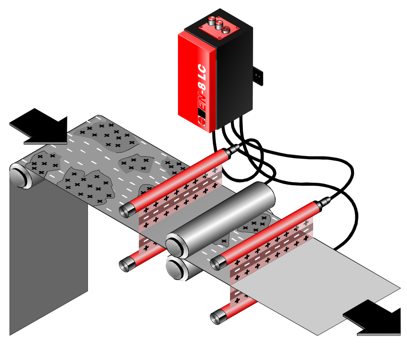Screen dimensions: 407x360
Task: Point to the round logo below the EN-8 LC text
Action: (x=202, y=121)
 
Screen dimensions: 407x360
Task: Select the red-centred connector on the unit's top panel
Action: (x=226, y=29)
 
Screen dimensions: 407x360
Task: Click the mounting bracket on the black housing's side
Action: (x=258, y=76)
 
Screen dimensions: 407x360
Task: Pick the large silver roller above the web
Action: (x=221, y=220)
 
